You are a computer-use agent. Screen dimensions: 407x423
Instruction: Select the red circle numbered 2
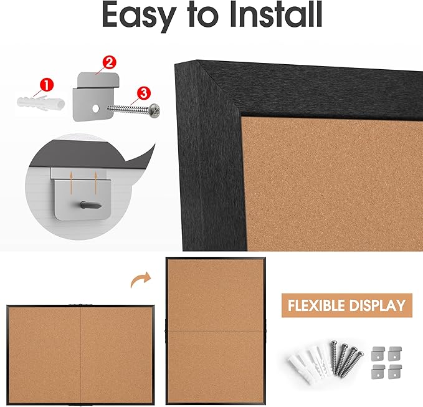108,62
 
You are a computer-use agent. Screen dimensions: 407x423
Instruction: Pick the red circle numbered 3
143,93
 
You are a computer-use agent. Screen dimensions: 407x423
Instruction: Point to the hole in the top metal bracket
97,108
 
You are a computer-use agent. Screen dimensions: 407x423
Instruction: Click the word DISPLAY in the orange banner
379,305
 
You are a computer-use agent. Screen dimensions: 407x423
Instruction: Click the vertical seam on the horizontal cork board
81,353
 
